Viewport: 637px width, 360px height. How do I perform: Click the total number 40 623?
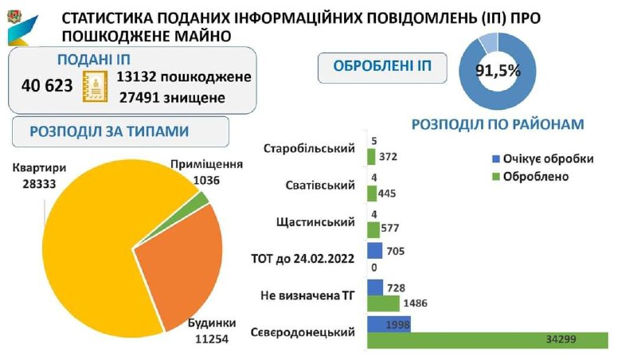coord(48,85)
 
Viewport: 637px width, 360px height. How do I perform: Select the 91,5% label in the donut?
coord(498,70)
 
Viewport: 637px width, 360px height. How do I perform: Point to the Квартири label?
coord(39,168)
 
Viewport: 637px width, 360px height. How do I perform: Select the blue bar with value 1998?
coord(389,324)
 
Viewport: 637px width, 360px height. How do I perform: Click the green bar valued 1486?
coord(383,303)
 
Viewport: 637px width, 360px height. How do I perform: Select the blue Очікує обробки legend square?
coord(497,159)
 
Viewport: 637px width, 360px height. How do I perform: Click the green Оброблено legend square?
coord(497,176)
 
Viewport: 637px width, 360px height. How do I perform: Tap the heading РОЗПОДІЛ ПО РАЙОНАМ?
coord(498,124)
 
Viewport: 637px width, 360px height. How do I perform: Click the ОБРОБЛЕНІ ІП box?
coord(381,67)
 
